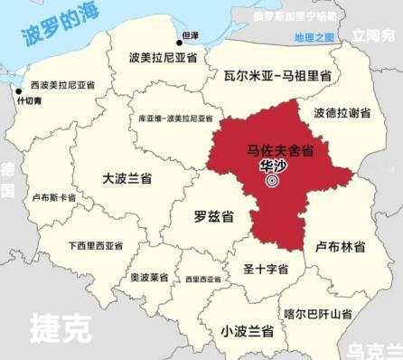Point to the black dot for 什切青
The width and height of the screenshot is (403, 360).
click(19, 90)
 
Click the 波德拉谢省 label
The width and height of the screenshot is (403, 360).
click(342, 113)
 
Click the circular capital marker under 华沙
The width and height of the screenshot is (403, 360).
click(271, 181)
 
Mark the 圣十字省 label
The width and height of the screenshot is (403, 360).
click(266, 269)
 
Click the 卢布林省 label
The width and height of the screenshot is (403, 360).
click(340, 247)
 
